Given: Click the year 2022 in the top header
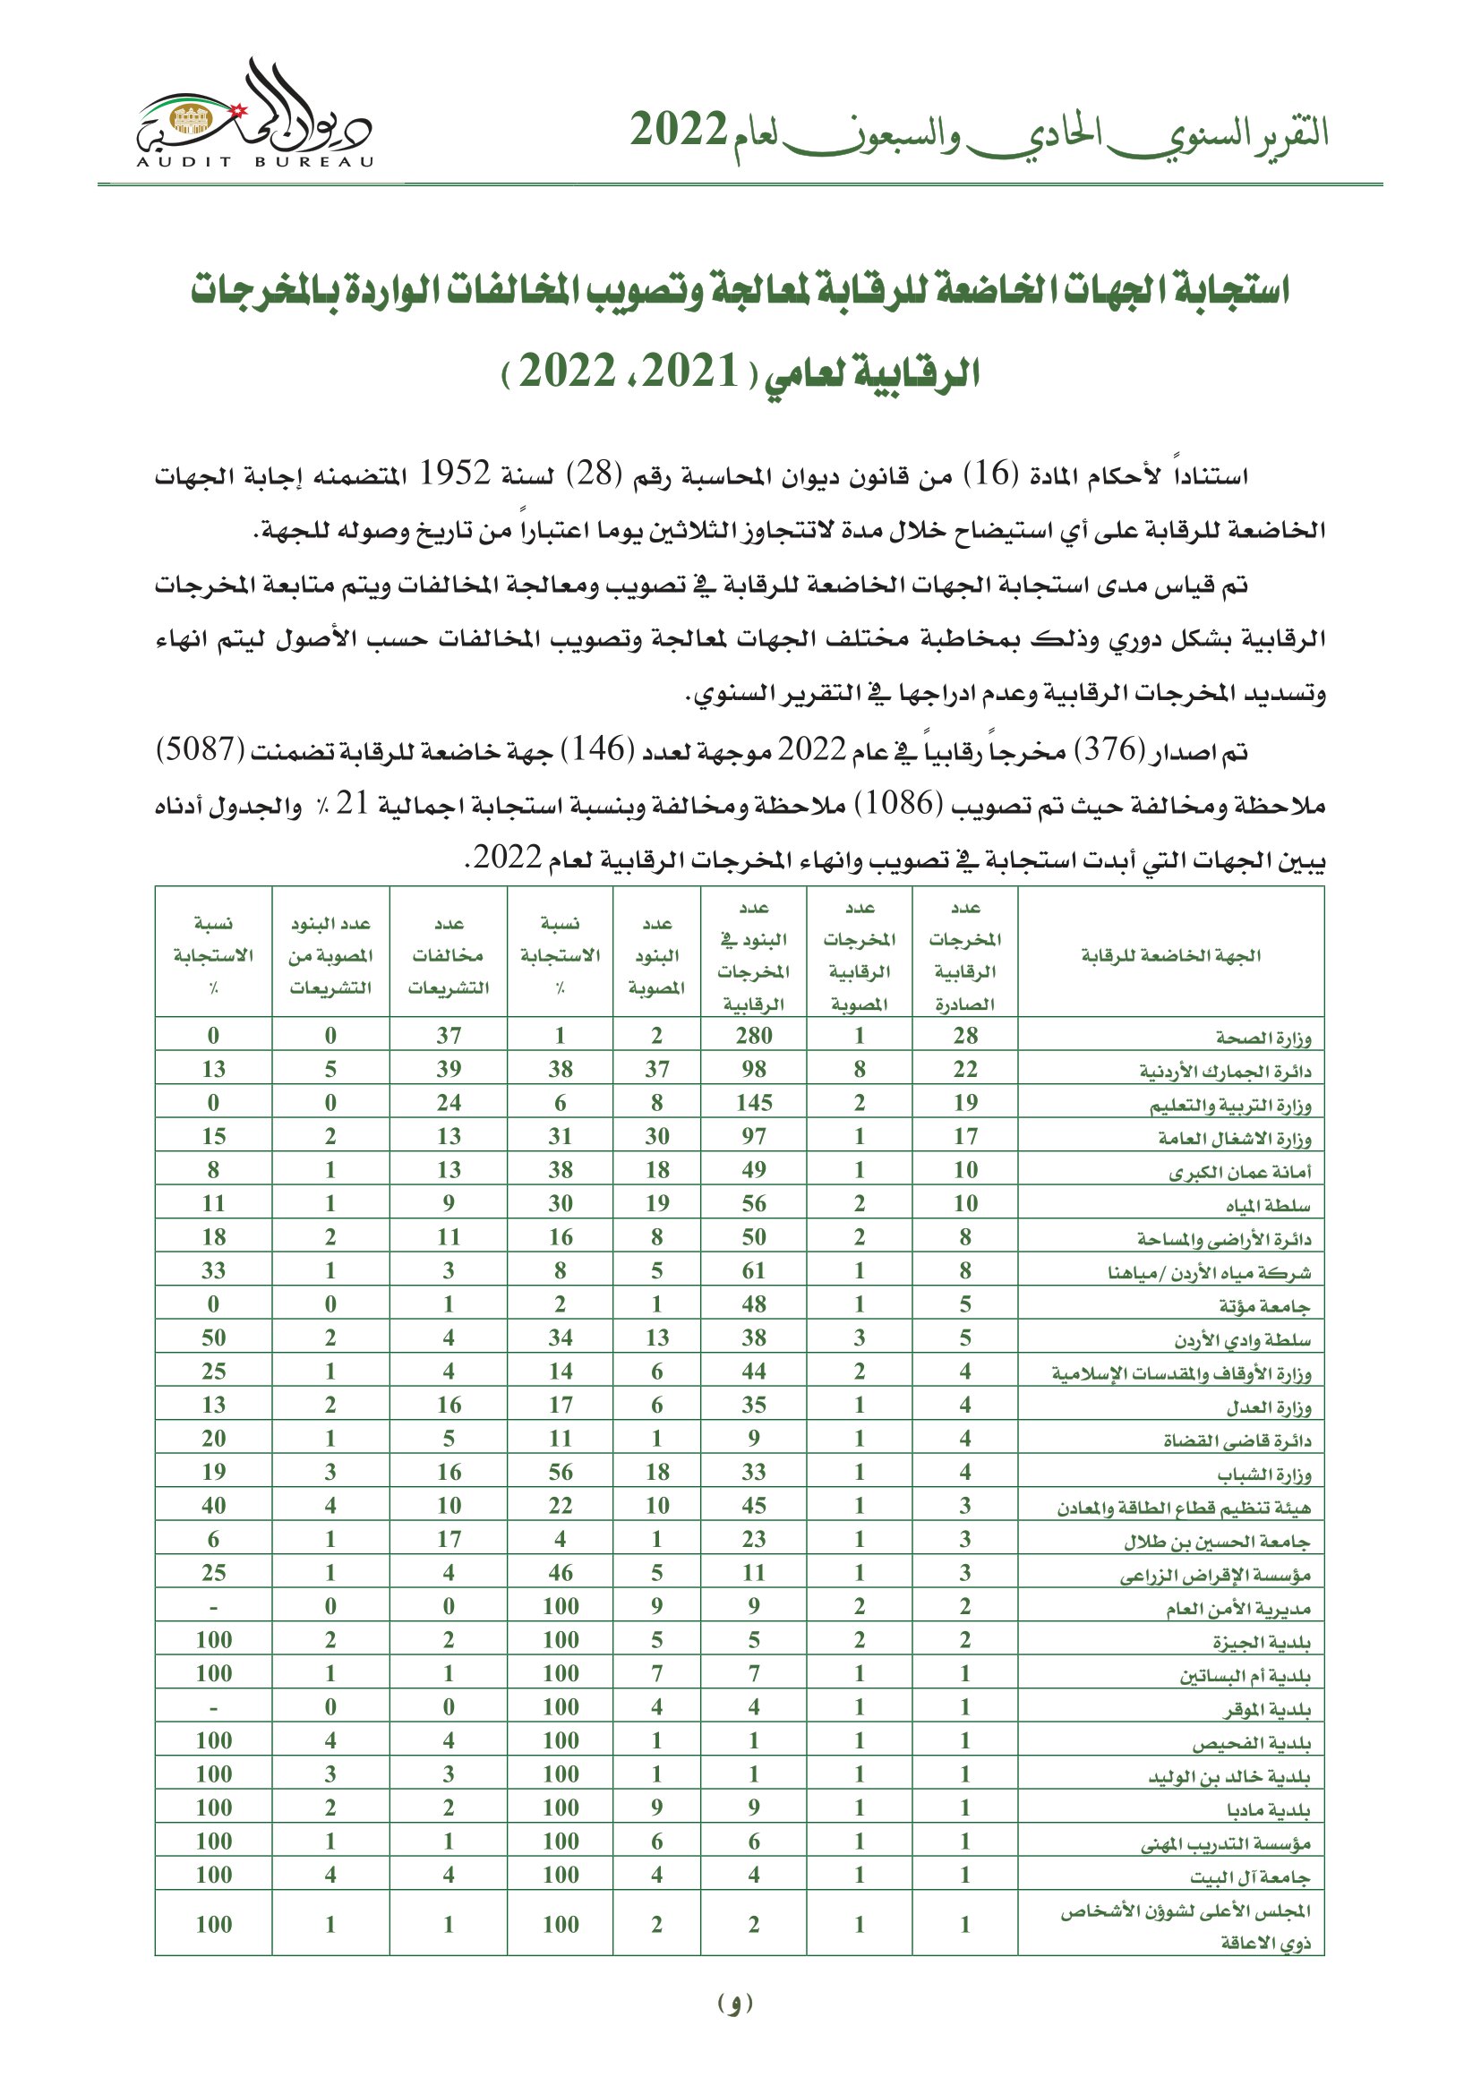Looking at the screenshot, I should [x=679, y=131].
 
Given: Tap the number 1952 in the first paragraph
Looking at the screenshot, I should [x=455, y=474].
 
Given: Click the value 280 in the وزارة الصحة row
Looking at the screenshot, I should [x=753, y=1035].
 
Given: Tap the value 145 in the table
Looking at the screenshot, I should [x=753, y=1103].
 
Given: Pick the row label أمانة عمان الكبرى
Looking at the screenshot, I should [x=1239, y=1171].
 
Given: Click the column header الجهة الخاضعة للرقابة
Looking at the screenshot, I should [x=1171, y=955].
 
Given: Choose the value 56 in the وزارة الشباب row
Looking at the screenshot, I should [x=560, y=1471].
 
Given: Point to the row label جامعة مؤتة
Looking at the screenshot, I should [x=1264, y=1305].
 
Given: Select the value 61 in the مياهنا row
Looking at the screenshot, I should [x=753, y=1270].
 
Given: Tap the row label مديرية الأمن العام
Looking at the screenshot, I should [x=1237, y=1608].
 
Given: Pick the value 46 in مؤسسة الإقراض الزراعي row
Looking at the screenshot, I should [x=560, y=1572].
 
